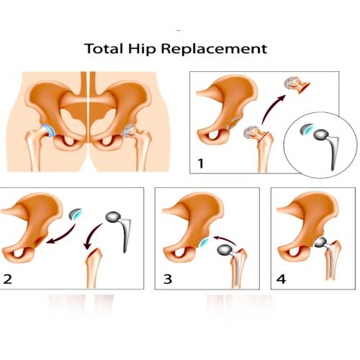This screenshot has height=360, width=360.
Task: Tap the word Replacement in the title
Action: tap(214, 48)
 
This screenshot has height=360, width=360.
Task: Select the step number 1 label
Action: tap(201, 163)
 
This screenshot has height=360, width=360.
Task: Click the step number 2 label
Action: tap(8, 279)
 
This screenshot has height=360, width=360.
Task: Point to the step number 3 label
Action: tap(168, 279)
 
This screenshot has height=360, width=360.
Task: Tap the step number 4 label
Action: tap(281, 279)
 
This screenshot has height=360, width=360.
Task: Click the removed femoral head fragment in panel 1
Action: tap(297, 85)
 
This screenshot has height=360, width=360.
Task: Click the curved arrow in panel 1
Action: tap(272, 109)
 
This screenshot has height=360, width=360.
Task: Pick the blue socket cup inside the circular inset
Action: tap(307, 130)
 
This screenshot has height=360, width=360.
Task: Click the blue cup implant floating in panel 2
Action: tap(76, 214)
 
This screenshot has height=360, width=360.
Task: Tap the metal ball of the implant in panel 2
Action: tap(113, 217)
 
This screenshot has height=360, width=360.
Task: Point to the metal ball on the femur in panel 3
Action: tap(225, 250)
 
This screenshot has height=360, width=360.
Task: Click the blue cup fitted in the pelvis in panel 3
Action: tap(204, 243)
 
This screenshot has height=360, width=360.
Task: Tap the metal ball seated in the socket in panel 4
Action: tap(320, 243)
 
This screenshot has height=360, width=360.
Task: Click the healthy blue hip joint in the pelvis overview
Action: tap(49, 131)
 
